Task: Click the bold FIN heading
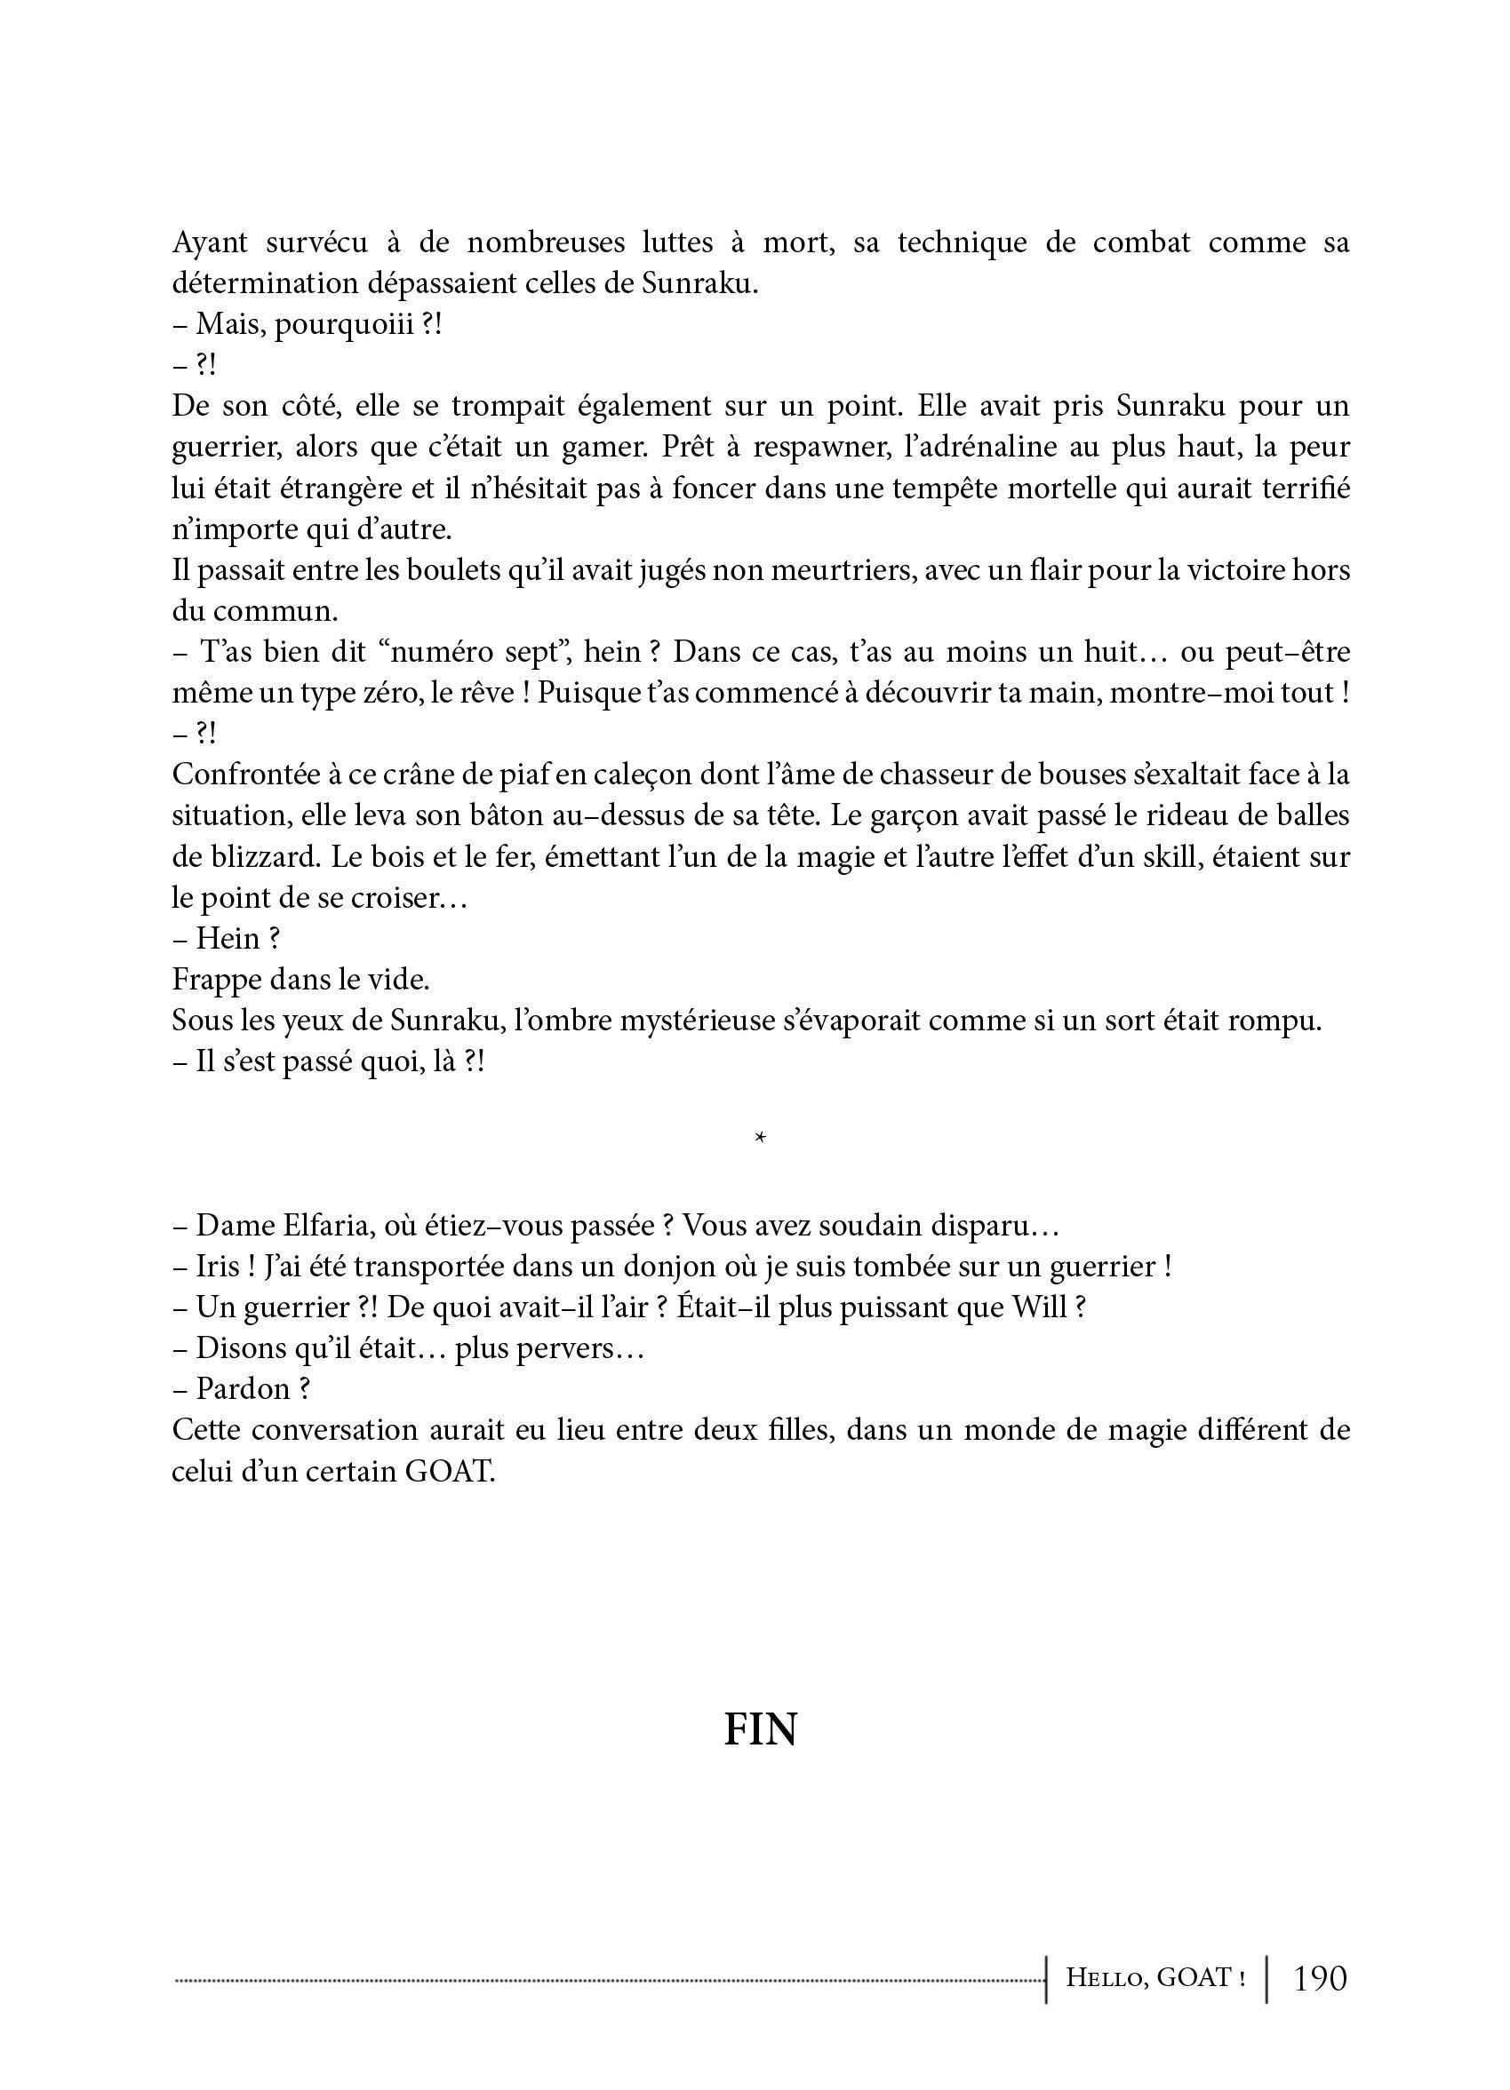(760, 1729)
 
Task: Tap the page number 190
(1320, 1978)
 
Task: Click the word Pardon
(242, 1387)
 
